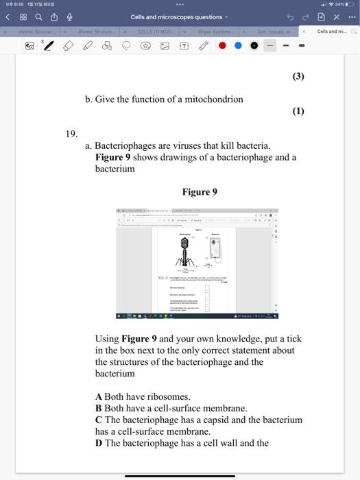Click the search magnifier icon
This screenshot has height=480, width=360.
point(38,17)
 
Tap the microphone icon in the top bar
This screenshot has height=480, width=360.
point(69,17)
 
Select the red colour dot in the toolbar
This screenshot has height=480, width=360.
point(222,47)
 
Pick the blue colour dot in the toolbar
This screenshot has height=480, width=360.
point(238,47)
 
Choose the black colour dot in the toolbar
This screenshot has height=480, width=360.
point(254,47)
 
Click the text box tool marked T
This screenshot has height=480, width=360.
point(184,47)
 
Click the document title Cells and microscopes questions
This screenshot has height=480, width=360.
point(176,17)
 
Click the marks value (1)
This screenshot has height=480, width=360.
point(297,111)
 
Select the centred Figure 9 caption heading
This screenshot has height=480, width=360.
point(199,192)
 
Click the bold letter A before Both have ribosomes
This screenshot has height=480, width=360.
point(99,397)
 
